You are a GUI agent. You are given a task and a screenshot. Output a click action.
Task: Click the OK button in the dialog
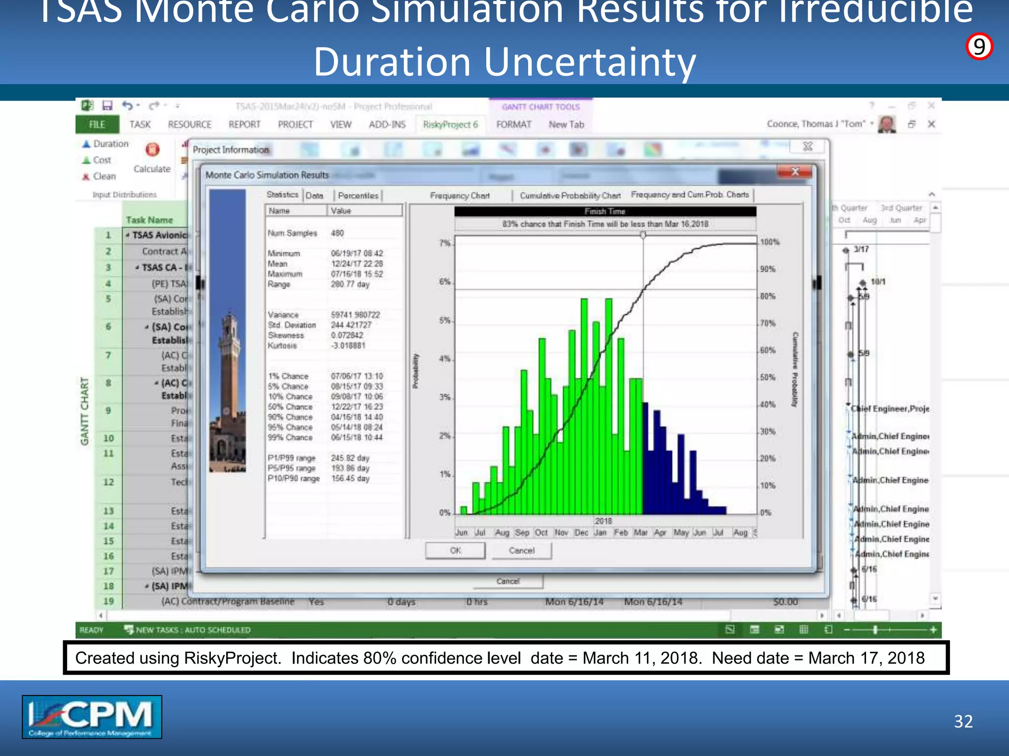pyautogui.click(x=455, y=550)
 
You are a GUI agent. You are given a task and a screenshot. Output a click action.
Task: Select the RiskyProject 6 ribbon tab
pyautogui.click(x=450, y=125)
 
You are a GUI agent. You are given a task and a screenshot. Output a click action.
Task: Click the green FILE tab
pyautogui.click(x=97, y=125)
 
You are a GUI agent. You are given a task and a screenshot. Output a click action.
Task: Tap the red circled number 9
pyautogui.click(x=979, y=47)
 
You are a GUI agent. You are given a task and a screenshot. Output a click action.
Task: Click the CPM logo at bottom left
pyautogui.click(x=92, y=717)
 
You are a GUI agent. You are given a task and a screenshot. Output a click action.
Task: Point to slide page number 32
pyautogui.click(x=963, y=722)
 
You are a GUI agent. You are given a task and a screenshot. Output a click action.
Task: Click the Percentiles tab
pyautogui.click(x=358, y=195)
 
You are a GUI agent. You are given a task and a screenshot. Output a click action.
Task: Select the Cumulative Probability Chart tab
pyautogui.click(x=570, y=195)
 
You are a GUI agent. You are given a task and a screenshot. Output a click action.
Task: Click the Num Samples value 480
pyautogui.click(x=337, y=233)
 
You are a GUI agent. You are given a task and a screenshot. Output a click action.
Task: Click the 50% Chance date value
pyautogui.click(x=357, y=407)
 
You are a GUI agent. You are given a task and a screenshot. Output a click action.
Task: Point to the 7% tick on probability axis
pyautogui.click(x=444, y=243)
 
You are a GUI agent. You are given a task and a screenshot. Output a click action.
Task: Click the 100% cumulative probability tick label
pyautogui.click(x=770, y=242)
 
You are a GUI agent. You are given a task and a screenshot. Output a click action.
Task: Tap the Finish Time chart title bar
pyautogui.click(x=605, y=212)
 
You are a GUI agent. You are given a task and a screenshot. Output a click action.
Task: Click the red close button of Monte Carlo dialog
pyautogui.click(x=795, y=171)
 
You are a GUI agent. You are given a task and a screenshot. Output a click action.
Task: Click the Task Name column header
pyautogui.click(x=149, y=220)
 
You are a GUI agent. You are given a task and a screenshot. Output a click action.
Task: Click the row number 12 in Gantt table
pyautogui.click(x=108, y=482)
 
